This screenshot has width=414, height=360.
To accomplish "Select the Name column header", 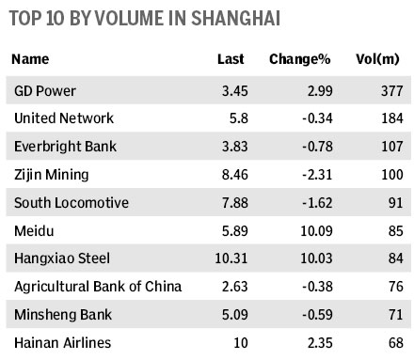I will coord(32,59).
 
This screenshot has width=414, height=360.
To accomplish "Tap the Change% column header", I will coord(300,59).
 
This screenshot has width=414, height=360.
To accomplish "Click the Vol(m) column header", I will coord(380,59).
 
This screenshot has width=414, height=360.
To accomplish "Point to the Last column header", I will coord(230,59).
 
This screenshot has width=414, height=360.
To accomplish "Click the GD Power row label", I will coord(48,91).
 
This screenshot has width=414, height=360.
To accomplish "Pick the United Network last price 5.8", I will coord(235,119).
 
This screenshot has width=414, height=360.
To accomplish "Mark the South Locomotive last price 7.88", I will coord(231,201).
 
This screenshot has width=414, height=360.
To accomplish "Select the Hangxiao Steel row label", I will coord(56,256).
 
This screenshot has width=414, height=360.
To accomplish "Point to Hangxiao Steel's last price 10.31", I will coord(228,256).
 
